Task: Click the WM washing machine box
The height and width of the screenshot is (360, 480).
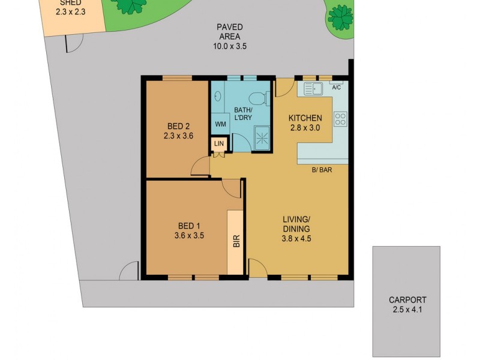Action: tap(220, 124)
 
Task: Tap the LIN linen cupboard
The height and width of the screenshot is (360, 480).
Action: tap(218, 145)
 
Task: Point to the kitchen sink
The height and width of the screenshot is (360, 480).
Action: tap(313, 89)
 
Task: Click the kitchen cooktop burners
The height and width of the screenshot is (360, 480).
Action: tap(340, 119)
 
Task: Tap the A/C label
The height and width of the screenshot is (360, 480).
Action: tap(336, 88)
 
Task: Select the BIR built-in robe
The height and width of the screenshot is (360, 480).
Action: tap(235, 241)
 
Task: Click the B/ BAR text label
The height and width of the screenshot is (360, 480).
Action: tap(322, 170)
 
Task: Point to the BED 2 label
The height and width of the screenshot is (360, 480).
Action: tap(178, 126)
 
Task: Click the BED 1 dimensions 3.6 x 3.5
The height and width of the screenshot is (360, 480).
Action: tap(190, 235)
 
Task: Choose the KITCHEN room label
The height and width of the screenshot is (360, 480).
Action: tap(305, 118)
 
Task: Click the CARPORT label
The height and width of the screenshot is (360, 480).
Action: tap(407, 300)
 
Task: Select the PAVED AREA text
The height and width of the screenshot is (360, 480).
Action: tap(229, 31)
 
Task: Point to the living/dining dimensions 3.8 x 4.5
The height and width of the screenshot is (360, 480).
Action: tap(296, 238)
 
